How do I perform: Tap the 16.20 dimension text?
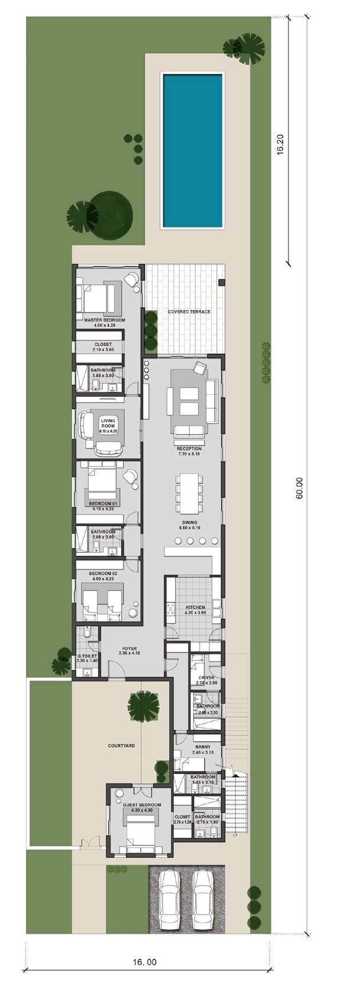281,144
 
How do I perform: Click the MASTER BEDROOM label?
104,320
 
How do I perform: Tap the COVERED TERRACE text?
189,312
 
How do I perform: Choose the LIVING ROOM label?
108,423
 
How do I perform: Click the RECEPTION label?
189,449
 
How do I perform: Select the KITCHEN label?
195,607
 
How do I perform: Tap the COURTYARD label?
121,745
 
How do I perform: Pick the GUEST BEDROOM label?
141,804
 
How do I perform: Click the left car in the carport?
170,897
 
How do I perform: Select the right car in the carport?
205,897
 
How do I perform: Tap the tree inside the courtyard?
144,706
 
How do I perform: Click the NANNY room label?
202,747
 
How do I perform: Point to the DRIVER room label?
206,677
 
